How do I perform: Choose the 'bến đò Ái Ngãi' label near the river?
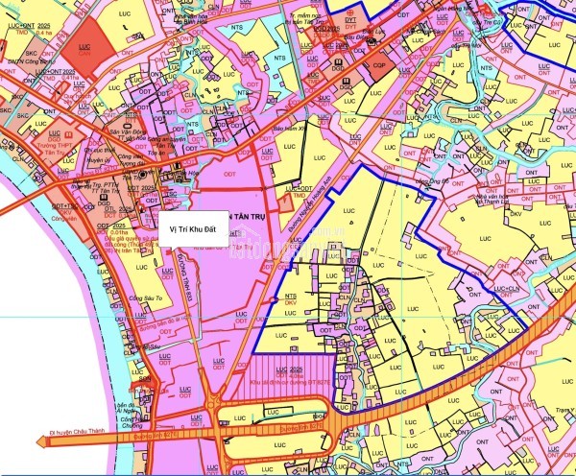(x=125, y=403)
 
